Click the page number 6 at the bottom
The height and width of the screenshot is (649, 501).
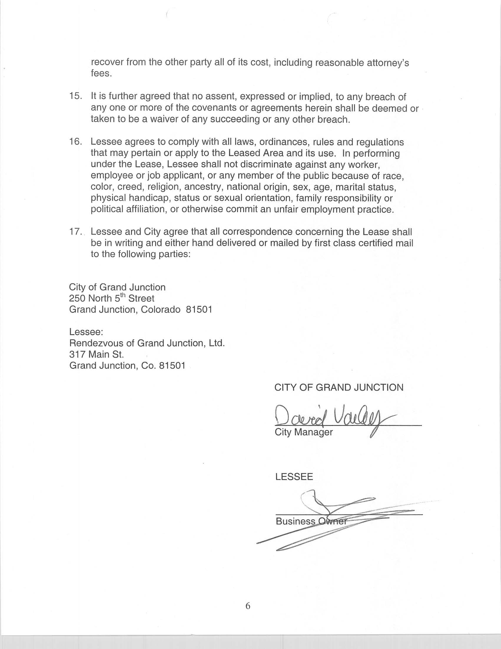point(248,605)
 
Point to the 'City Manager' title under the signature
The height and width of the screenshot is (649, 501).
point(303,432)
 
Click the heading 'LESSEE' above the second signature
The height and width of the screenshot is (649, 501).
point(294,477)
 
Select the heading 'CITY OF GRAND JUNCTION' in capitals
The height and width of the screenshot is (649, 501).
point(339,388)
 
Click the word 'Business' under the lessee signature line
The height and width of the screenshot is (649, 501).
point(295,521)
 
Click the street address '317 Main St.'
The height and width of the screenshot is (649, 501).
point(97,354)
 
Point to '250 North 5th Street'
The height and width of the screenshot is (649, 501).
point(112,298)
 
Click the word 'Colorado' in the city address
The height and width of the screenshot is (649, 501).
point(160,310)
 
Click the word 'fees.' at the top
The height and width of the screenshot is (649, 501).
point(101,73)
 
